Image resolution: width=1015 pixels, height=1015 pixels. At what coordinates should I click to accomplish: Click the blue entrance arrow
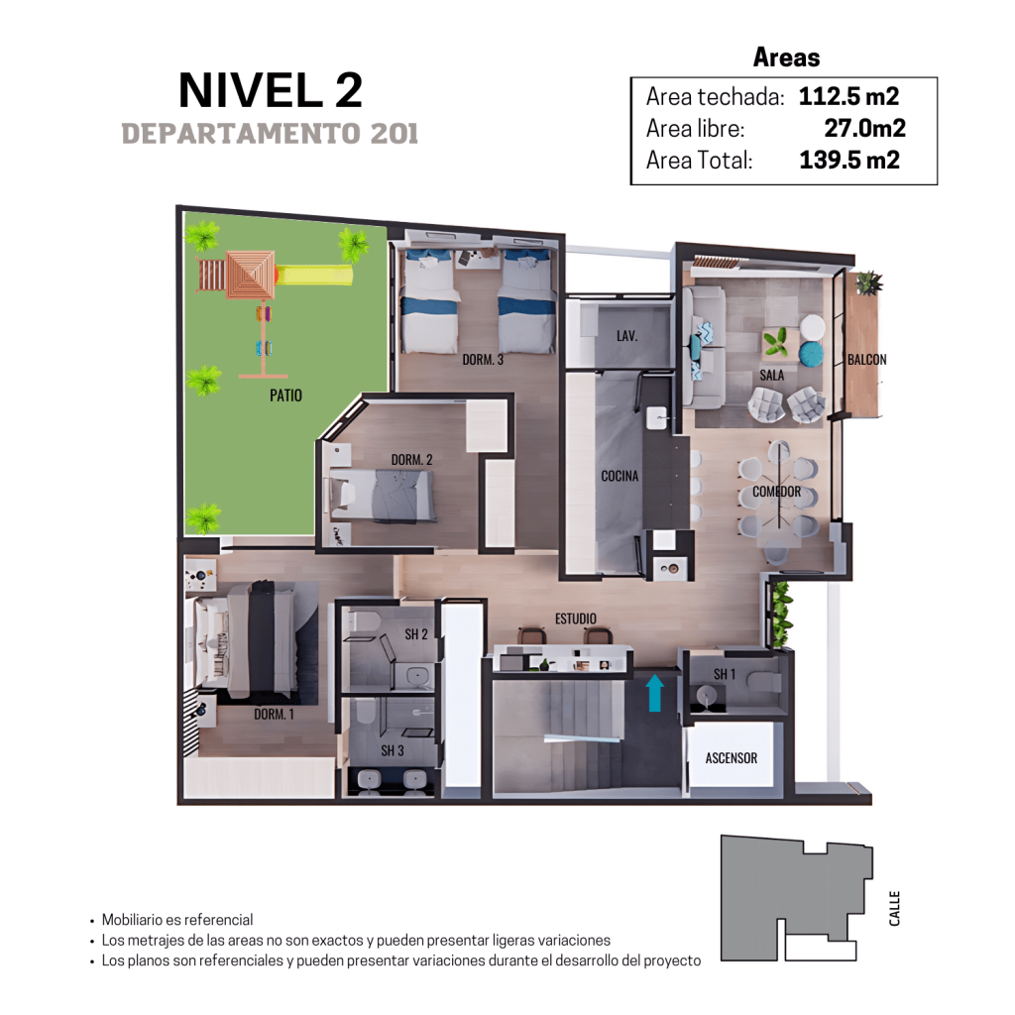point(654,692)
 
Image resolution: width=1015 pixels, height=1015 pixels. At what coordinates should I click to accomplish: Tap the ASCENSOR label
point(731,758)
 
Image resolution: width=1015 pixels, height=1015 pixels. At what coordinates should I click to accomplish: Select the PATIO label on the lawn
point(285,395)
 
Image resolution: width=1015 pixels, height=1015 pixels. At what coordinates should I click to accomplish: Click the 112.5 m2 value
point(848,96)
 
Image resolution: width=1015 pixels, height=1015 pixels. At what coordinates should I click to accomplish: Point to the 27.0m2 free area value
point(864,128)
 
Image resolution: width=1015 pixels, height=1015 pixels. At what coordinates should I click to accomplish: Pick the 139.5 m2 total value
point(849,160)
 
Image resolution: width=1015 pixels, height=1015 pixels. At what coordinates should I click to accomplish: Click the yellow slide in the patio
point(313,274)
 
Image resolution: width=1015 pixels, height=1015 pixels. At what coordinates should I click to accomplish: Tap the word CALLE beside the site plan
point(894,908)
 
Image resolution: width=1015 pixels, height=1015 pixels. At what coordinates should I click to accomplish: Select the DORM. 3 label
point(483,359)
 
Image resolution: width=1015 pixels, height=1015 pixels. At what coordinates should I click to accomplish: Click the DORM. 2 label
point(411,460)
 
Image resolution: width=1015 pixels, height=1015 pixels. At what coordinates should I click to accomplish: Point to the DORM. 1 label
point(274,714)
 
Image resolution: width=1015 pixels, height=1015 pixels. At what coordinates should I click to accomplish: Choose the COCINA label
point(620,476)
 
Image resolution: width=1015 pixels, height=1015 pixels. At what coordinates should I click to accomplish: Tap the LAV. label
point(626,335)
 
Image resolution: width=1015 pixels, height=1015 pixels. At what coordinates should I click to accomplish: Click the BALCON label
point(866,359)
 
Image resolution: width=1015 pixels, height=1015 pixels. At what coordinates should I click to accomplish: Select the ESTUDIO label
point(576,619)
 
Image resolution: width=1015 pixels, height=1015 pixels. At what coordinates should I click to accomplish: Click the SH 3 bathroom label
point(392,750)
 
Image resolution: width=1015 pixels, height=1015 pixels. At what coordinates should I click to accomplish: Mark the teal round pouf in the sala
point(811,354)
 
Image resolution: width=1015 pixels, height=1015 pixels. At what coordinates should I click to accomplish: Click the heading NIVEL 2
point(271,90)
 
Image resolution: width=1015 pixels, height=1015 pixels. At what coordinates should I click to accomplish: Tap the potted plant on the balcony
point(868,282)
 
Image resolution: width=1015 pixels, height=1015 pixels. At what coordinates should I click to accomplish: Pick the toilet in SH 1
point(764,682)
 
